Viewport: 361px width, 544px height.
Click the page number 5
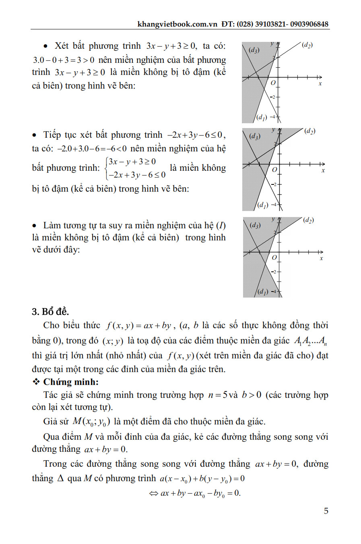coord(326,511)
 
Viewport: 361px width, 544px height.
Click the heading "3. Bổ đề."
coord(50,312)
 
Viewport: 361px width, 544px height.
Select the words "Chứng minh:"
coord(71,382)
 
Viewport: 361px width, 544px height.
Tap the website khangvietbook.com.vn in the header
coord(177,24)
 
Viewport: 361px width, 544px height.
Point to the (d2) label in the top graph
coord(307,45)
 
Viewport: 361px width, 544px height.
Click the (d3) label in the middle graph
coord(255,136)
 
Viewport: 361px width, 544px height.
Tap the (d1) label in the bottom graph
coord(262,292)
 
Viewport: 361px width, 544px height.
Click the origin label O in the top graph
coord(273,83)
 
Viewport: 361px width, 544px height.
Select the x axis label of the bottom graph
coord(321,258)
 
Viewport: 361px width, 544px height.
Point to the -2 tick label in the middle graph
coord(274,184)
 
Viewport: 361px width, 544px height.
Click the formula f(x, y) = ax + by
coord(139,325)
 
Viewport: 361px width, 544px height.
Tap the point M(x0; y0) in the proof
coord(91,422)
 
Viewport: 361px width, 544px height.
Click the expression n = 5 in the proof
coord(218,395)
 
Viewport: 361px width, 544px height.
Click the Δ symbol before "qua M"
coord(60,478)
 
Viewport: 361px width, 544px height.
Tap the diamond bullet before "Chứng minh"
coord(36,382)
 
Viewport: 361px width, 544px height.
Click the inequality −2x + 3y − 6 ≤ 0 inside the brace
coord(137,175)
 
